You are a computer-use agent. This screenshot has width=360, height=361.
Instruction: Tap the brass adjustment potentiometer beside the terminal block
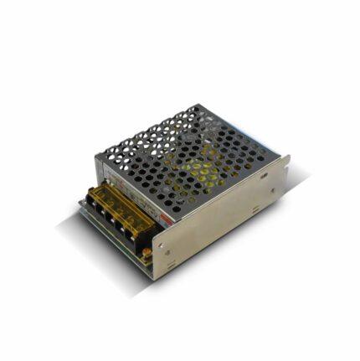147,250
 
